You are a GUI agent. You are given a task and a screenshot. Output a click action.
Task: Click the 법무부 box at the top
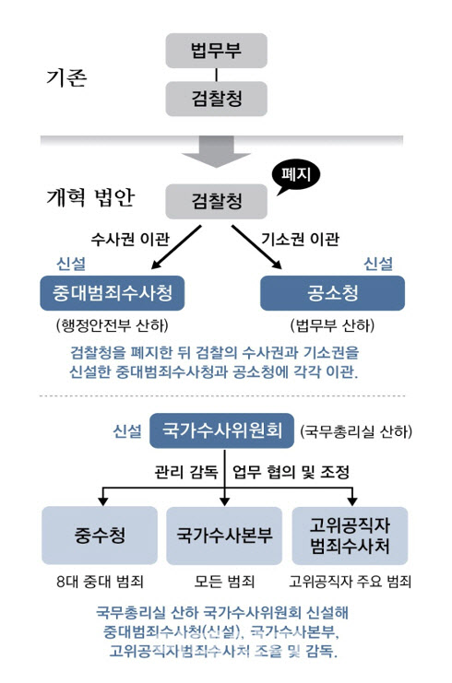(x=216, y=51)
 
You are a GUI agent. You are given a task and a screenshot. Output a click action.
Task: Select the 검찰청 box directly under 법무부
(x=216, y=99)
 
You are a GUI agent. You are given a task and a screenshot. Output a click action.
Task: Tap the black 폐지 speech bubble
(x=296, y=176)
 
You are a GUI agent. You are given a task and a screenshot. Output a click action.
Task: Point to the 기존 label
(x=66, y=78)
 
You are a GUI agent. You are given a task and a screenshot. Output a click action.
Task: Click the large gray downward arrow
(x=216, y=151)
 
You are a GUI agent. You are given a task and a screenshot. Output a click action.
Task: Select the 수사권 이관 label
(x=130, y=239)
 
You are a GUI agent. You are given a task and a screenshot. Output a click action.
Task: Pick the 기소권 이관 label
(x=301, y=239)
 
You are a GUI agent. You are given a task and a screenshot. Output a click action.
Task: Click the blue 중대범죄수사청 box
(x=113, y=293)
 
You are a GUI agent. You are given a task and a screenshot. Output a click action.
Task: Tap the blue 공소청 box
(x=333, y=293)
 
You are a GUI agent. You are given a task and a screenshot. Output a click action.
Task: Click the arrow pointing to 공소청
(x=256, y=247)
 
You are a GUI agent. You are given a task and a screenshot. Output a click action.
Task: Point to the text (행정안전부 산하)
(x=113, y=325)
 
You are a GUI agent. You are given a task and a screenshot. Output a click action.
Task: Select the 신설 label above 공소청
(x=378, y=264)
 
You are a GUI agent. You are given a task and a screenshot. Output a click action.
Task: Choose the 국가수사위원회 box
(x=222, y=430)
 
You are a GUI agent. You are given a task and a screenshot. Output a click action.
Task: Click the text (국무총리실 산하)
(x=356, y=431)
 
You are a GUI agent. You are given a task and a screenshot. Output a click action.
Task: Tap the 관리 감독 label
(x=186, y=472)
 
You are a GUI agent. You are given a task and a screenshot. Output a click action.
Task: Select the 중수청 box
(x=100, y=536)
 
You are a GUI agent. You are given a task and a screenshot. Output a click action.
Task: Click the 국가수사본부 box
(x=224, y=536)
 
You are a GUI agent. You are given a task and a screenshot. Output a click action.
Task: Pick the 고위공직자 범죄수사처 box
(x=350, y=536)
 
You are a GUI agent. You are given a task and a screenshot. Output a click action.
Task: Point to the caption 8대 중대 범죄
(x=100, y=582)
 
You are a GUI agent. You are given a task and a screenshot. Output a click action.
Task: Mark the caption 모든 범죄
(x=224, y=582)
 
